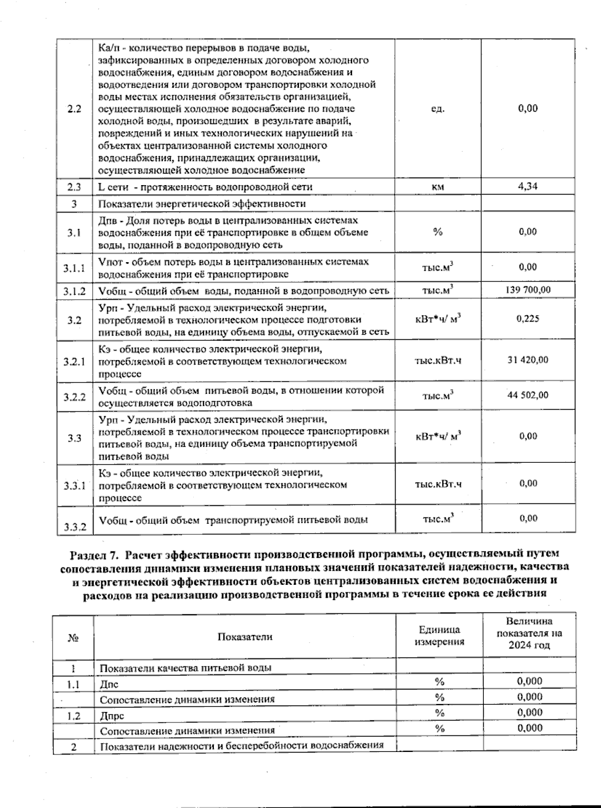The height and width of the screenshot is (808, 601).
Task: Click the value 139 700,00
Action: pyautogui.click(x=528, y=290)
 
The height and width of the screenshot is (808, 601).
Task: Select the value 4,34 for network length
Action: pyautogui.click(x=528, y=186)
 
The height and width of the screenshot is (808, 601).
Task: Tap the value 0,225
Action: pyautogui.click(x=528, y=318)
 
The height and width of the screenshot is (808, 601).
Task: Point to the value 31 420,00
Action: pyautogui.click(x=528, y=360)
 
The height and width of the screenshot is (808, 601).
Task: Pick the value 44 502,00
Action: pyautogui.click(x=528, y=395)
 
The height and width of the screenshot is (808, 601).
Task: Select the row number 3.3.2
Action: pyautogui.click(x=75, y=527)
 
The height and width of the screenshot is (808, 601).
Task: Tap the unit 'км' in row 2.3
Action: pyautogui.click(x=438, y=187)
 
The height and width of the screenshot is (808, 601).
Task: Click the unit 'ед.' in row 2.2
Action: pyautogui.click(x=438, y=109)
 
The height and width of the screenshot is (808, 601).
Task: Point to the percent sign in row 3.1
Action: pyautogui.click(x=438, y=232)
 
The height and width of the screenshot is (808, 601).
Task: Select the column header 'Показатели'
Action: pyautogui.click(x=245, y=636)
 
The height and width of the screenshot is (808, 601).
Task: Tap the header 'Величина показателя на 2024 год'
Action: pyautogui.click(x=529, y=633)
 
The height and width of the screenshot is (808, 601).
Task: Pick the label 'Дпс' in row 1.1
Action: pyautogui.click(x=109, y=684)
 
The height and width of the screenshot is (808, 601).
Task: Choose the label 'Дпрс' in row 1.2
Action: pyautogui.click(x=112, y=715)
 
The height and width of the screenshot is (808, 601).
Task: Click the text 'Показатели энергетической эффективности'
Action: pyautogui.click(x=202, y=204)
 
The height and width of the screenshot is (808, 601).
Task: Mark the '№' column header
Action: pyautogui.click(x=73, y=637)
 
